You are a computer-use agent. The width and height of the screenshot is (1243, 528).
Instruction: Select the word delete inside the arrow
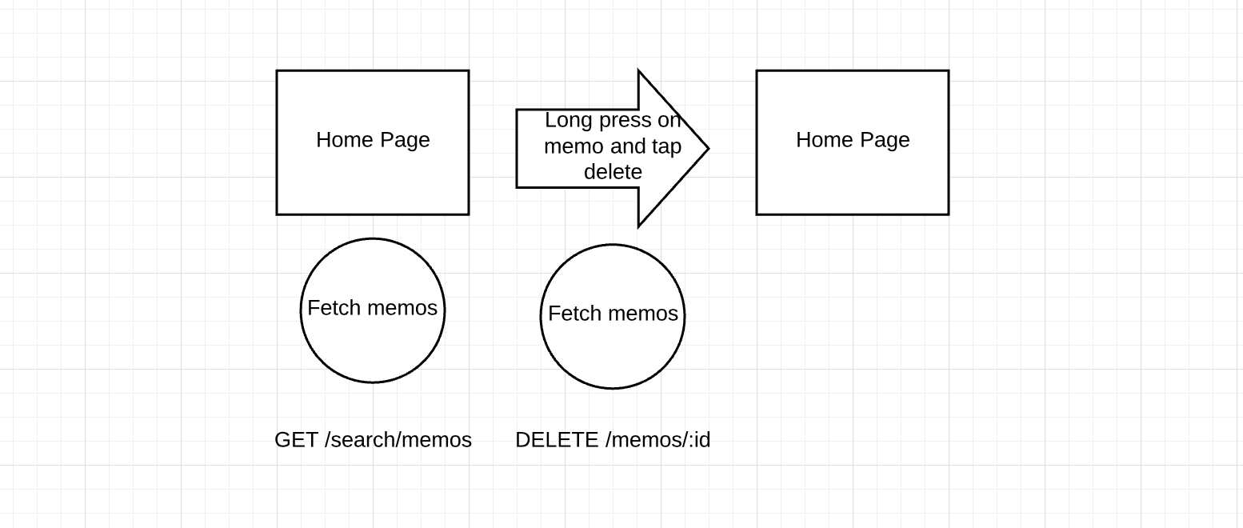[x=613, y=172]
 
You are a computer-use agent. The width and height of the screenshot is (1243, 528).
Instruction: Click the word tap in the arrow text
[x=666, y=147]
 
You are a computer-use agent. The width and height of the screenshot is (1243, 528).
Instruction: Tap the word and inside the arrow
[x=628, y=146]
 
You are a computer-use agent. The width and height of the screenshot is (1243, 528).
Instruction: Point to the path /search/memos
[x=398, y=440]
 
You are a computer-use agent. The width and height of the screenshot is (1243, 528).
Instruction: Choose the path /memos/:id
[x=658, y=440]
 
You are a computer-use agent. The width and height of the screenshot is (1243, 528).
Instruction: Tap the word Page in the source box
[x=405, y=141]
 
